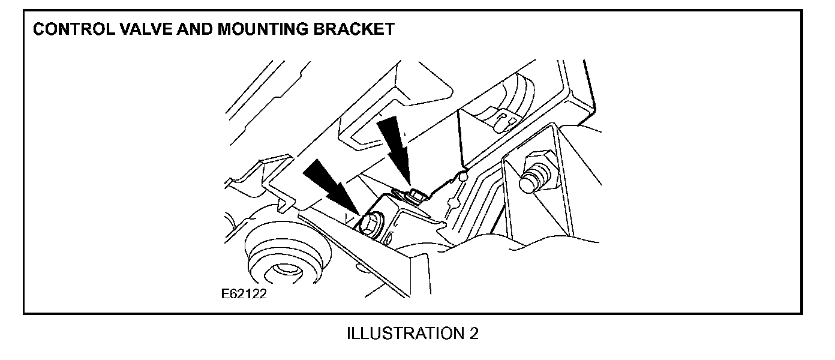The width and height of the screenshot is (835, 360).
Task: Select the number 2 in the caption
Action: point(474,334)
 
